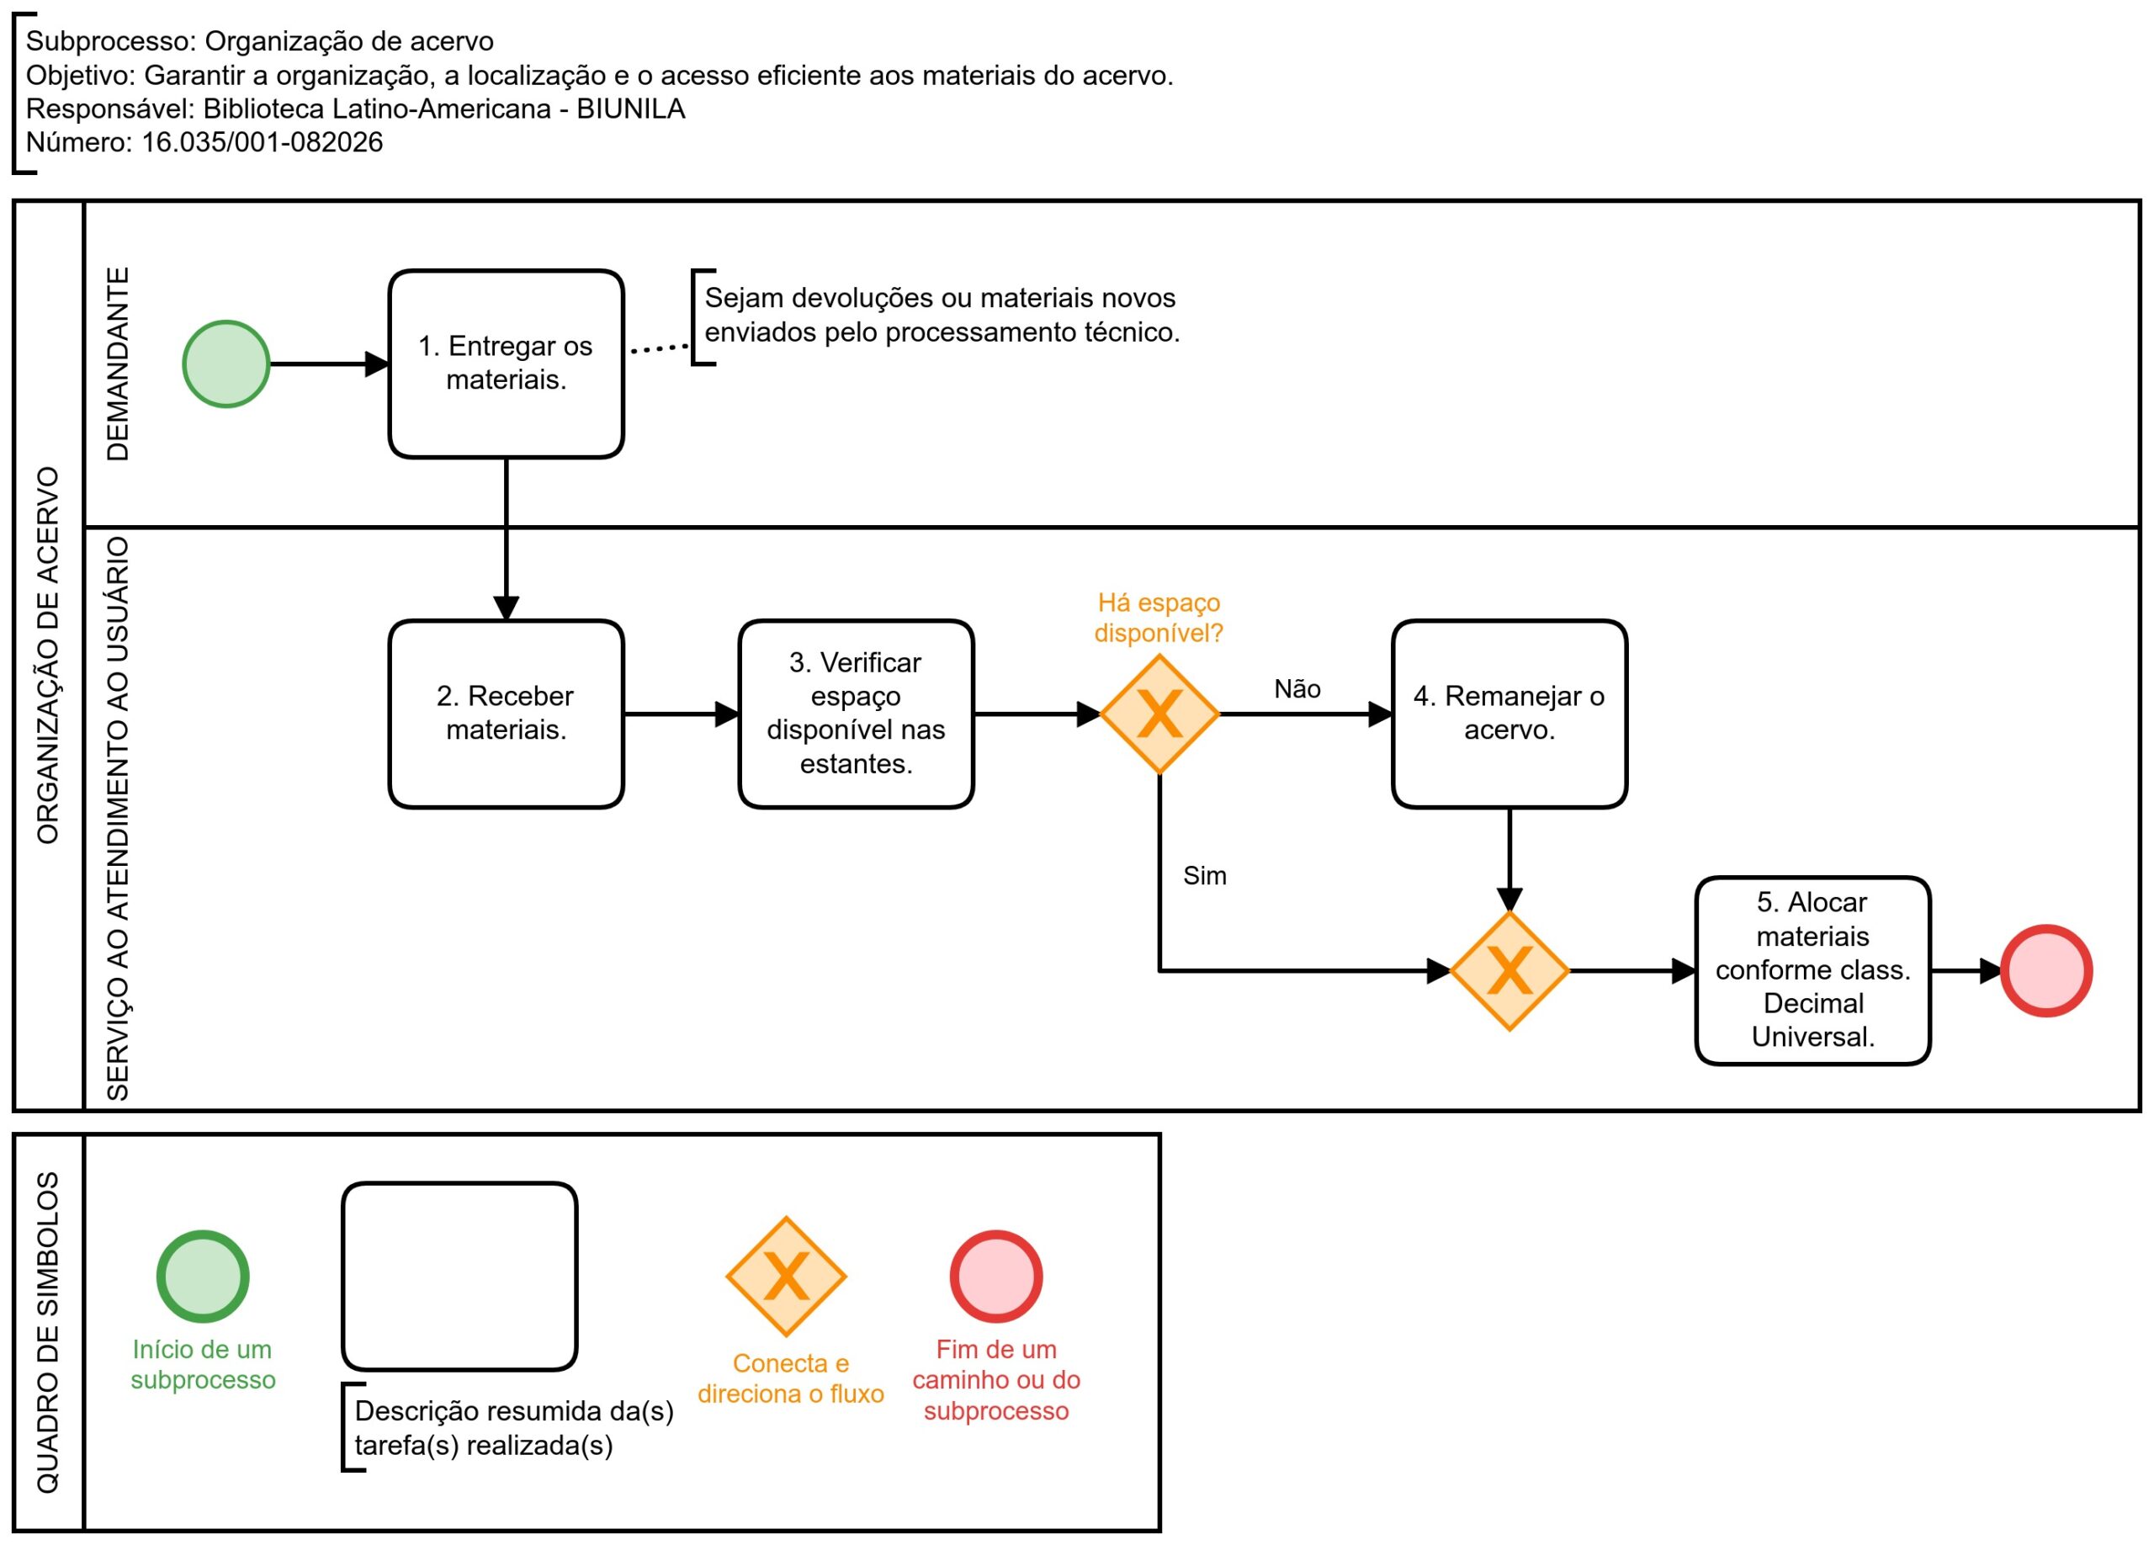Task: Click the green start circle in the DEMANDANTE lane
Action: pos(226,364)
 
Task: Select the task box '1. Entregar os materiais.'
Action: pos(507,364)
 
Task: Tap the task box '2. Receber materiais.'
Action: pos(507,714)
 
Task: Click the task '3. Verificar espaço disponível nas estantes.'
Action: pos(856,714)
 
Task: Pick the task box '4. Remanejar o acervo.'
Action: pos(1509,714)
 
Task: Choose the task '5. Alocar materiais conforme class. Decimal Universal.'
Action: pos(1812,970)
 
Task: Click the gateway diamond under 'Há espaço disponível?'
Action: pos(1159,714)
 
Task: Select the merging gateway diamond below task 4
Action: pos(1509,970)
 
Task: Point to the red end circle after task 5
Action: pos(2045,970)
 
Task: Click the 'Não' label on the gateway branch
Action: pos(1297,688)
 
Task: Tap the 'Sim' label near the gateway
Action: pos(1204,875)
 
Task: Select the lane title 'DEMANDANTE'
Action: pos(117,364)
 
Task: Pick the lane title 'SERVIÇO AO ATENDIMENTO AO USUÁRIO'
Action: pos(117,819)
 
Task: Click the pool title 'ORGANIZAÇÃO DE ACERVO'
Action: pos(47,656)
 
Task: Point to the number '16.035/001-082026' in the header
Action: pos(263,141)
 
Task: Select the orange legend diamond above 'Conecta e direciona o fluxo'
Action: pos(787,1277)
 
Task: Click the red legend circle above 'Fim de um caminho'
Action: pos(996,1277)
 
